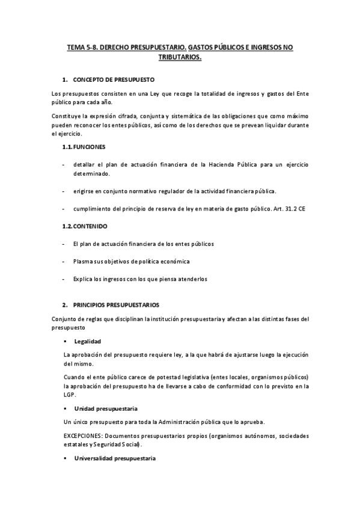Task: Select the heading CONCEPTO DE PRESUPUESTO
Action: tap(114, 79)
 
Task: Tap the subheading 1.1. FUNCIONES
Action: tap(85, 146)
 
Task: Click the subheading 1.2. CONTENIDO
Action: tap(85, 226)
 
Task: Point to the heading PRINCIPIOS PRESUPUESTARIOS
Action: tap(116, 305)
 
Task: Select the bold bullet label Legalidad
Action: tap(88, 341)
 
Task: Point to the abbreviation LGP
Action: tap(70, 395)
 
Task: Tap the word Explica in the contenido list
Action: tap(82, 279)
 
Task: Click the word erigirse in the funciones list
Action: tap(84, 191)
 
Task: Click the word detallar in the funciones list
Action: tap(84, 164)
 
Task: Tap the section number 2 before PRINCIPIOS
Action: tap(64, 305)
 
